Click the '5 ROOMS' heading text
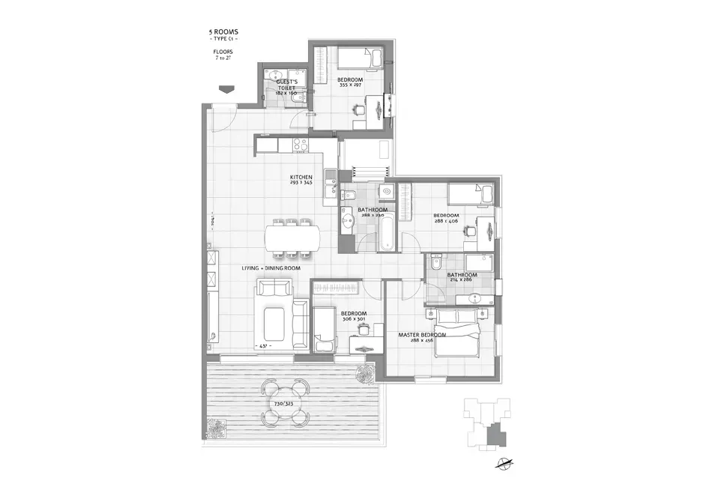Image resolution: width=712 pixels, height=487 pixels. pyautogui.click(x=224, y=32)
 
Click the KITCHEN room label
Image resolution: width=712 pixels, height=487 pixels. pyautogui.click(x=301, y=178)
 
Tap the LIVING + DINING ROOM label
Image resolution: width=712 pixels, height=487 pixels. pyautogui.click(x=271, y=267)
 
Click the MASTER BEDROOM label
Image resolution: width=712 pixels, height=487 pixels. pyautogui.click(x=422, y=335)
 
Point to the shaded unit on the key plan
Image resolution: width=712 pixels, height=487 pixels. pyautogui.click(x=492, y=432)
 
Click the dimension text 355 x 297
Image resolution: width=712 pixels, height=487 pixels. pyautogui.click(x=349, y=85)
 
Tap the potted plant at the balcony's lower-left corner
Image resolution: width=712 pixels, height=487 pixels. pyautogui.click(x=215, y=429)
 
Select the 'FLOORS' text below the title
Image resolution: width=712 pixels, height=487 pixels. pyautogui.click(x=223, y=51)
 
